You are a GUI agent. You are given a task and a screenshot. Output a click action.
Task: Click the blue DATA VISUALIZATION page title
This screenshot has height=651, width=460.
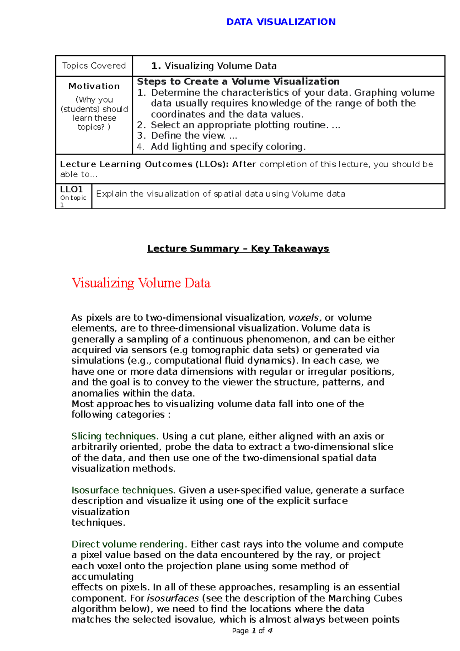click(x=281, y=22)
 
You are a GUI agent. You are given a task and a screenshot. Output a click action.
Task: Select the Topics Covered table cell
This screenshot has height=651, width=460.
click(x=94, y=66)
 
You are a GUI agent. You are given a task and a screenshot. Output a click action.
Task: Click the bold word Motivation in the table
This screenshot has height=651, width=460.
click(x=94, y=86)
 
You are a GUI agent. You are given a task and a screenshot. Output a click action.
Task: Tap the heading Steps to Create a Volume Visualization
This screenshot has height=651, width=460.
click(x=238, y=82)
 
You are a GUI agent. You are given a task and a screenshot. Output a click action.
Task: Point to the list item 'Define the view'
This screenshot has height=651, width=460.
click(x=188, y=136)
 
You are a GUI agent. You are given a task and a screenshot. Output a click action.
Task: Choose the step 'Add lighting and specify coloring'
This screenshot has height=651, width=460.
click(x=228, y=147)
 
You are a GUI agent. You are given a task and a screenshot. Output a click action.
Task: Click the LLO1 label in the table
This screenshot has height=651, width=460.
click(x=72, y=189)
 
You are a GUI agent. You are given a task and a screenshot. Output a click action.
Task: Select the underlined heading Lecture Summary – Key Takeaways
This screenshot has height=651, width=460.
click(x=238, y=249)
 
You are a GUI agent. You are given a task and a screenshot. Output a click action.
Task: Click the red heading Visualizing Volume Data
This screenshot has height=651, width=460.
click(x=141, y=283)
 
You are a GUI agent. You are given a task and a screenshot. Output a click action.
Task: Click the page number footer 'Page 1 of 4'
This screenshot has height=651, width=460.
click(x=252, y=631)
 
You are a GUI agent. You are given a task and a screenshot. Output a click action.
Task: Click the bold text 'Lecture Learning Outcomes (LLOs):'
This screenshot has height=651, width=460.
click(x=144, y=164)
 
